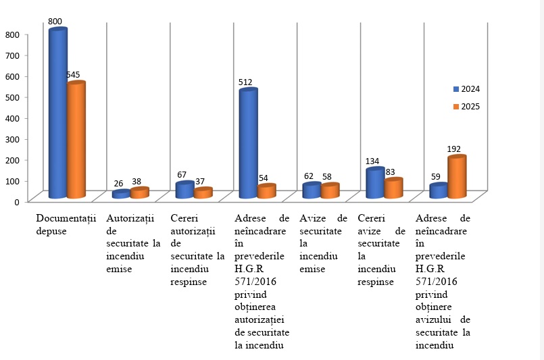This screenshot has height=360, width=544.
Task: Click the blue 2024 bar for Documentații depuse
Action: tap(57, 115)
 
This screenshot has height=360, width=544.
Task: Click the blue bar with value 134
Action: tap(374, 182)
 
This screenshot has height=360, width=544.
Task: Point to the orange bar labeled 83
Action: tap(393, 188)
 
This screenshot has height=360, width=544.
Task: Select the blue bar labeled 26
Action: tap(121, 194)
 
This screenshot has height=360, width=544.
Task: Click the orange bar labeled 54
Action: tap(266, 191)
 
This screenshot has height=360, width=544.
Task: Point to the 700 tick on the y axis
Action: tap(14, 55)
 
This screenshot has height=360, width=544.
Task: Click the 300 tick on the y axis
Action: tap(14, 139)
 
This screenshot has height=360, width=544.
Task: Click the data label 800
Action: tap(55, 22)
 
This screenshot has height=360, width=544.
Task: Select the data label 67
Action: tap(182, 175)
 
